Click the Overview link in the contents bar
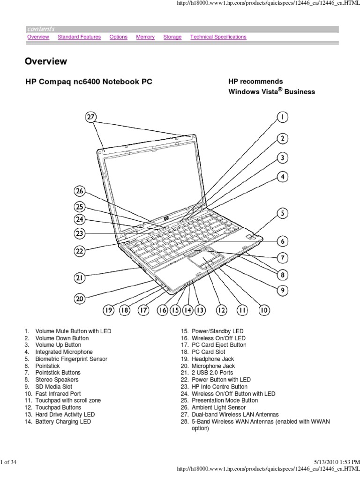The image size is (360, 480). pos(38,37)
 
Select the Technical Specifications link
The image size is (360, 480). pos(218,37)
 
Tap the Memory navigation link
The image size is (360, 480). pos(145,37)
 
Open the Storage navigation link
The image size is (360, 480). pos(172,37)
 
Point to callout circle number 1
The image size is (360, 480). pos(282,117)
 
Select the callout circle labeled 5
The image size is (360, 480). pos(282,214)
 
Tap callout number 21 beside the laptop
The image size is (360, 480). pos(80,277)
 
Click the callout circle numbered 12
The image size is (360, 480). pos(221,310)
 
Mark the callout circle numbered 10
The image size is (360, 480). pos(264,310)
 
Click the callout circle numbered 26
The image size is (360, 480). pos(80,191)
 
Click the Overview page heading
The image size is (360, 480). pos(46,61)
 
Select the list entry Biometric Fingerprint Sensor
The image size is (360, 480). pos(71,359)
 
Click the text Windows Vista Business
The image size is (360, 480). pos(271,92)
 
